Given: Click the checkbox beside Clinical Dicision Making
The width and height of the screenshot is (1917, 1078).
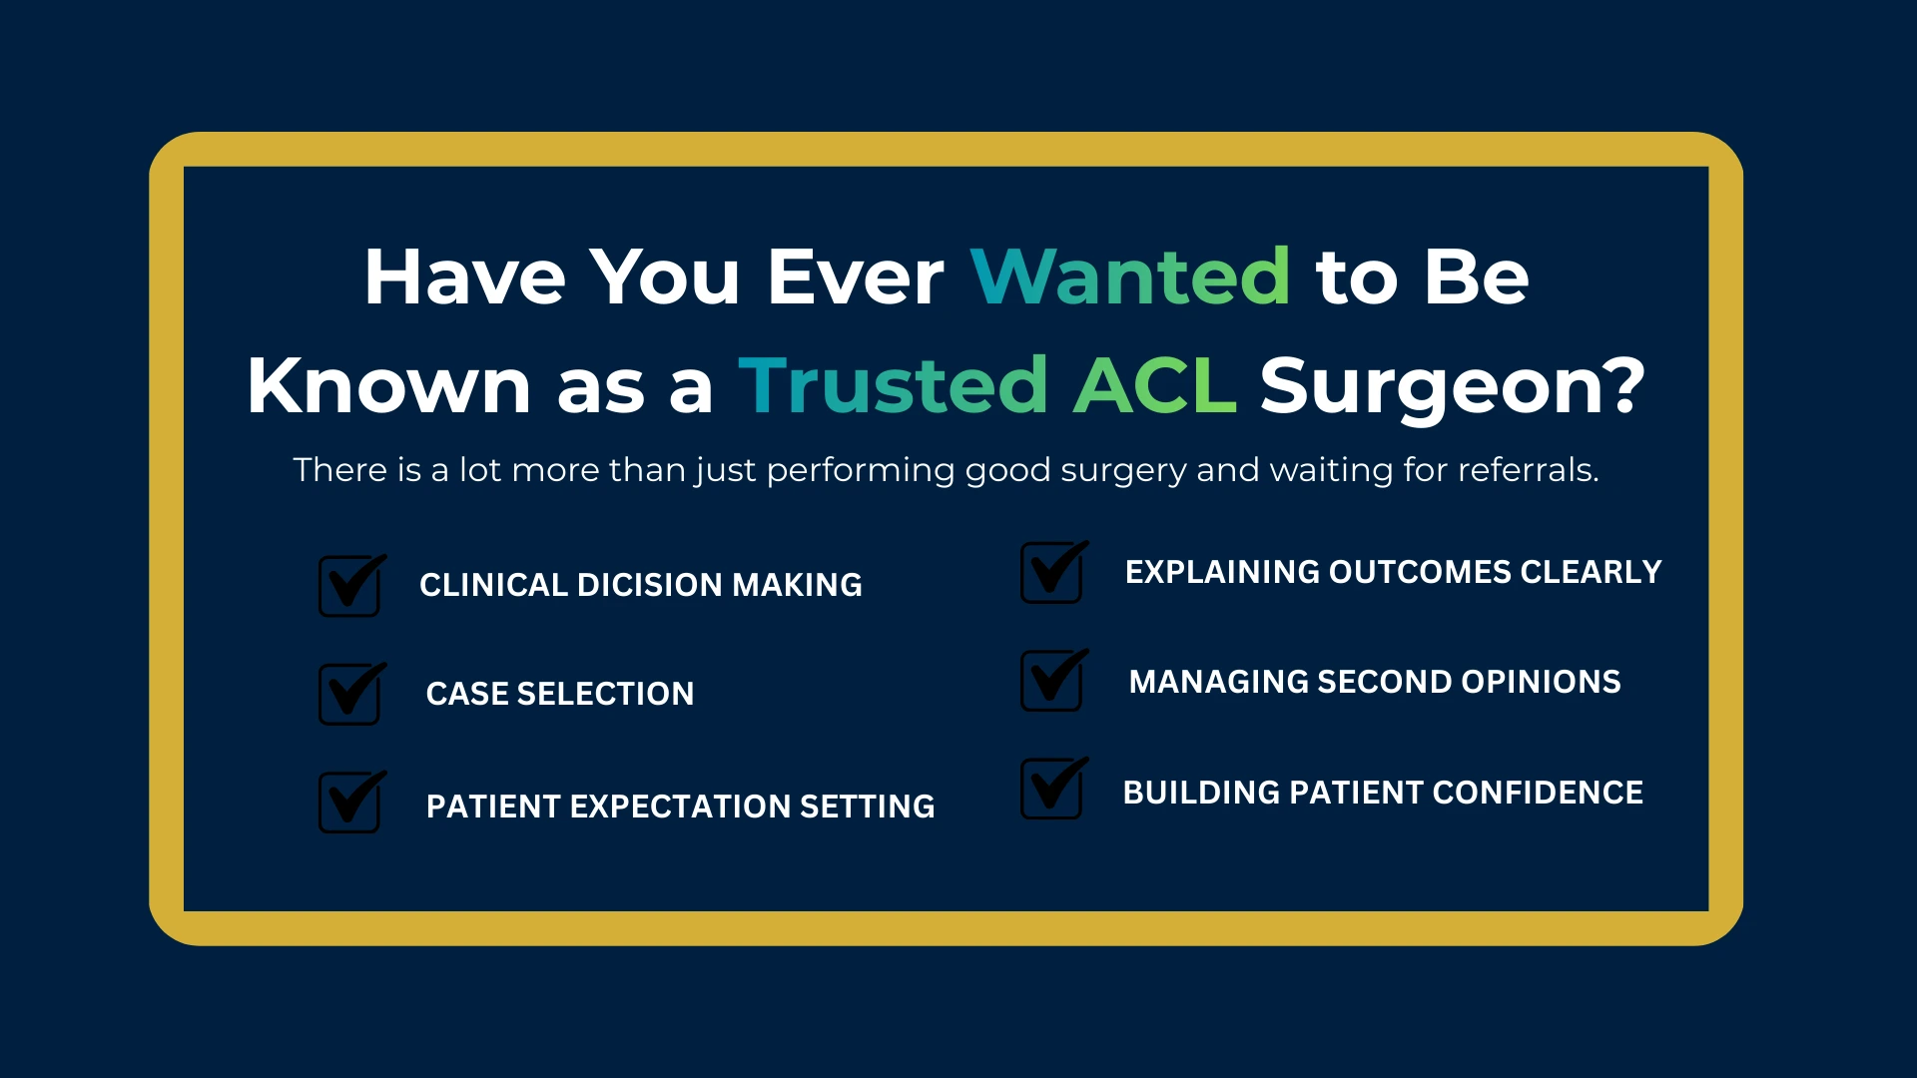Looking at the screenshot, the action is click(351, 586).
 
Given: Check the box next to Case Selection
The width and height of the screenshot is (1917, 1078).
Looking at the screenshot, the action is click(351, 694).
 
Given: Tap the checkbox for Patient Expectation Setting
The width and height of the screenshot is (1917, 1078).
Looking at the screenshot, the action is click(351, 802).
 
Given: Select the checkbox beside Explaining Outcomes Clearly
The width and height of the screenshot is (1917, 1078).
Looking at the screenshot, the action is click(1054, 572).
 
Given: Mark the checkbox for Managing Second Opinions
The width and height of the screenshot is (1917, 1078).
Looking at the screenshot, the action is click(1054, 680).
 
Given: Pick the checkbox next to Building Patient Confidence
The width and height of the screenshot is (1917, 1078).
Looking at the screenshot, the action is click(1054, 789).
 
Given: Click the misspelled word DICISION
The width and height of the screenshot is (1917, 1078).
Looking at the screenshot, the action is click(649, 585).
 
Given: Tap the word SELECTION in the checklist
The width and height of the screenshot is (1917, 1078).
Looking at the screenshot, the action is click(605, 694).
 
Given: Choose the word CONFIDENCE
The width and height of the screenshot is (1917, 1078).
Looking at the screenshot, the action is click(1538, 793).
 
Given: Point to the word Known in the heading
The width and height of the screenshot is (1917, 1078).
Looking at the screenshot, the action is click(388, 384).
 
